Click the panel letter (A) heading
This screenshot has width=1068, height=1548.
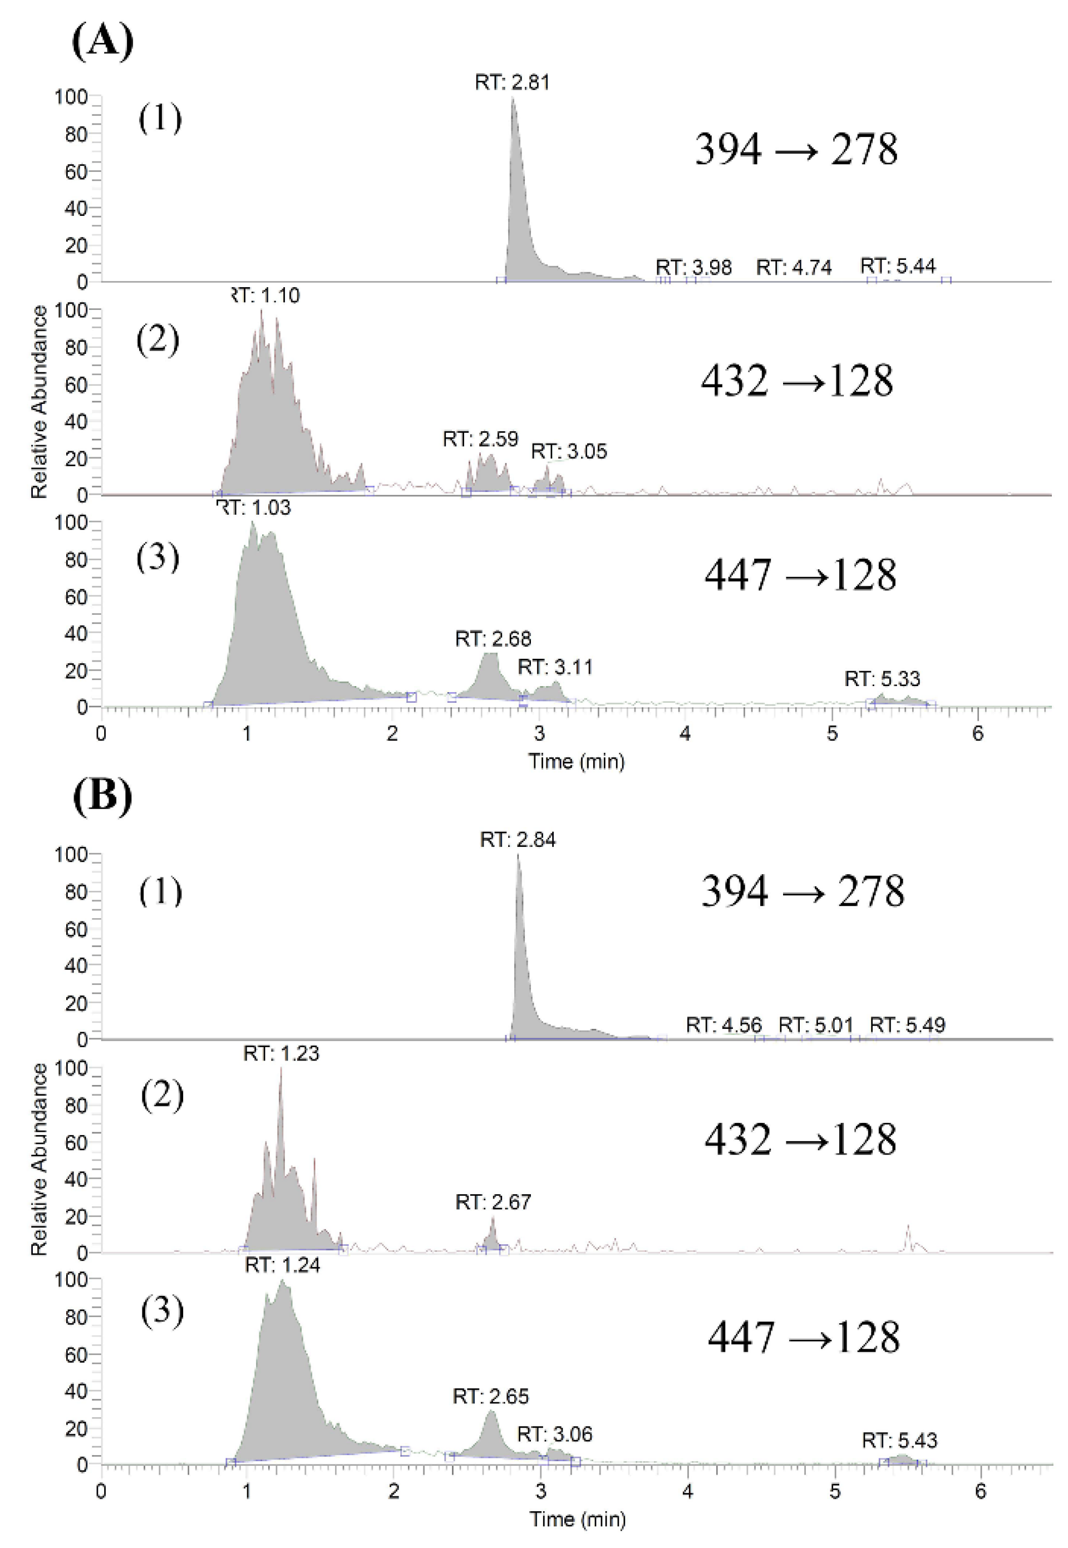coord(102,42)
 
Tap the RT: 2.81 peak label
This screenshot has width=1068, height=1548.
coord(513,82)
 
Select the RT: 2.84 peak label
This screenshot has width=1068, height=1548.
coord(518,840)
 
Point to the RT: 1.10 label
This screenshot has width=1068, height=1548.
coord(265,295)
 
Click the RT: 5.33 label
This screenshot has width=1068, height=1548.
coord(883,679)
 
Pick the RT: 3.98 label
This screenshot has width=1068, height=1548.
coord(694,267)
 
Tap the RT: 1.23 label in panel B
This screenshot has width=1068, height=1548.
coord(281,1054)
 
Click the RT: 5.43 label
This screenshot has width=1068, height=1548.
coord(899,1440)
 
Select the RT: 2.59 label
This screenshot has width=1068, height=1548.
coord(480,439)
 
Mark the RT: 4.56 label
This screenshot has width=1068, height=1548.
coord(724,1025)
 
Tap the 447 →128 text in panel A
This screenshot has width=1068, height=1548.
coord(800,575)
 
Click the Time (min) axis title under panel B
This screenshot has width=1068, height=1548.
coord(578,1519)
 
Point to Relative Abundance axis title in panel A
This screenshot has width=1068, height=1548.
coord(39,401)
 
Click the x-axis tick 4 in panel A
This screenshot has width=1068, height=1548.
coord(685,734)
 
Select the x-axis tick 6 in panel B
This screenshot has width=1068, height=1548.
coord(980,1491)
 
